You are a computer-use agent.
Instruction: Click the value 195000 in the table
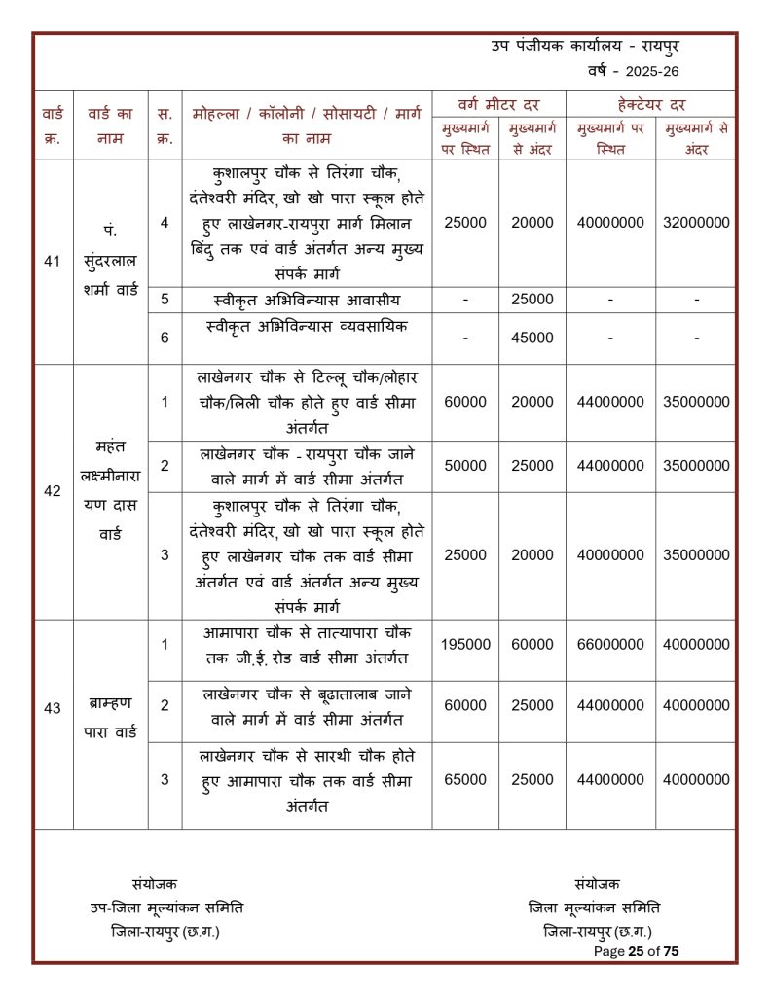click(465, 644)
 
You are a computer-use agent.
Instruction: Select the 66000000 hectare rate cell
click(610, 644)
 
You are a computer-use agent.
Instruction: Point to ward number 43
click(53, 708)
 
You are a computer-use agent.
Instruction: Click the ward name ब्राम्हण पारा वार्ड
click(110, 716)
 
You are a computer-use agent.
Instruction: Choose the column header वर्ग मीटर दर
click(498, 104)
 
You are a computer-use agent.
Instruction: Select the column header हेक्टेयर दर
click(650, 104)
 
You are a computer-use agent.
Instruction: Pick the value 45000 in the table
click(532, 338)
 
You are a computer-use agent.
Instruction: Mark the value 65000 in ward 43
click(465, 779)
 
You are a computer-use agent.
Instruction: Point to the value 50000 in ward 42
click(465, 466)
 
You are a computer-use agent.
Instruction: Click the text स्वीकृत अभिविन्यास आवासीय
click(307, 300)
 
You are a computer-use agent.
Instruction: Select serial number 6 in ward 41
click(165, 338)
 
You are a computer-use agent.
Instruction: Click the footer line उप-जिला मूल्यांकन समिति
click(166, 907)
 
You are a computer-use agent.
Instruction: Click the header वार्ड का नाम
click(110, 126)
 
